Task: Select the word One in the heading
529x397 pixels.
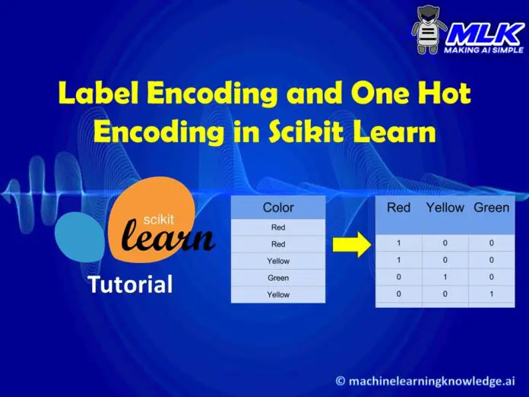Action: pyautogui.click(x=369, y=95)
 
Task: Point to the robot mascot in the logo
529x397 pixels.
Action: pyautogui.click(x=429, y=30)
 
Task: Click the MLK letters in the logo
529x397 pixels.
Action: pyautogui.click(x=484, y=33)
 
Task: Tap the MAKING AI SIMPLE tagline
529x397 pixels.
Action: pyautogui.click(x=485, y=50)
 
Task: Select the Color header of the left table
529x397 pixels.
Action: pyautogui.click(x=278, y=208)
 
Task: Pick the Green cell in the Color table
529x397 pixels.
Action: pyautogui.click(x=278, y=278)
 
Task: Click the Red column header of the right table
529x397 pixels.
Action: pyautogui.click(x=399, y=208)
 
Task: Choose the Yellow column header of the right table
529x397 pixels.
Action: pyautogui.click(x=445, y=208)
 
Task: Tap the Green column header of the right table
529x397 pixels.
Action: pyautogui.click(x=491, y=208)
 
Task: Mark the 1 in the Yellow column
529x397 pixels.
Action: pyautogui.click(x=445, y=277)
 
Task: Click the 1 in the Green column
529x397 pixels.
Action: pyautogui.click(x=491, y=294)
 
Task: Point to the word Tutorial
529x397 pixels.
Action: pyautogui.click(x=130, y=285)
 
